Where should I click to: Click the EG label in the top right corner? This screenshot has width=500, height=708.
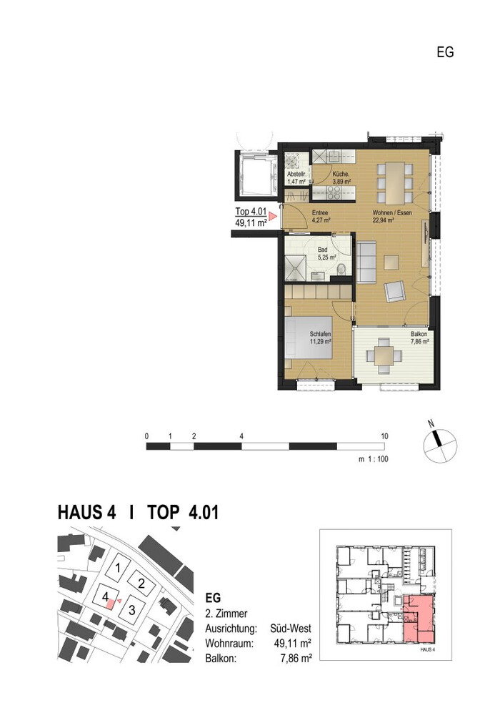(x=445, y=52)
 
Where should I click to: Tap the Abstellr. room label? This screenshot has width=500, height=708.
(x=296, y=174)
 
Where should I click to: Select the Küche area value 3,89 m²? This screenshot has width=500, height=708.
(x=341, y=182)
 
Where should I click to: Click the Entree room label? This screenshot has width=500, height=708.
(x=321, y=213)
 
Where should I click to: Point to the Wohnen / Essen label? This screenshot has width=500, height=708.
(x=392, y=213)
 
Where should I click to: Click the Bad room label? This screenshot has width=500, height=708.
(x=322, y=250)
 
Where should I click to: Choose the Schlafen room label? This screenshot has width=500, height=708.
(x=321, y=334)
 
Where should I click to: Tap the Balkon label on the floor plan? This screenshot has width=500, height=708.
(x=419, y=334)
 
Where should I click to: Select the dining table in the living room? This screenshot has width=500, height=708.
(x=394, y=183)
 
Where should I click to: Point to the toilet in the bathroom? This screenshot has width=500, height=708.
(x=341, y=270)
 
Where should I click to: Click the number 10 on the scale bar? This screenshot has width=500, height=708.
(x=384, y=436)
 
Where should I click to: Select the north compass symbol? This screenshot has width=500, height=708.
(x=439, y=445)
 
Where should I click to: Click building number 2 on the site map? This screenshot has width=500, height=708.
(x=141, y=584)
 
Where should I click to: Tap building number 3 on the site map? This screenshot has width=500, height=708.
(x=132, y=611)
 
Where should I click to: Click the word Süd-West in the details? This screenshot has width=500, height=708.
(x=291, y=629)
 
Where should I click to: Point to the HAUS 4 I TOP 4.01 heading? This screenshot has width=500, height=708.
(x=139, y=513)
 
